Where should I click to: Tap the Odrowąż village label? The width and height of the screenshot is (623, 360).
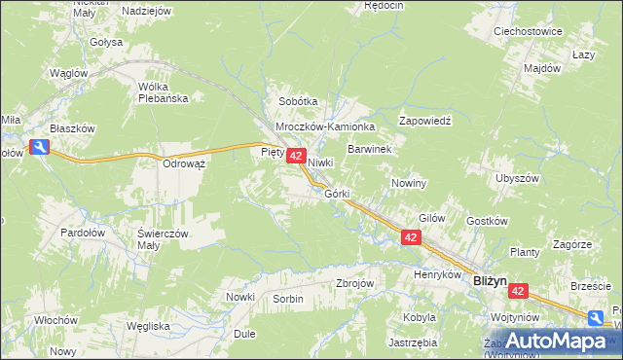point(184,163)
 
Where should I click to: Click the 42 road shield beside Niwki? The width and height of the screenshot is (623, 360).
point(298,156)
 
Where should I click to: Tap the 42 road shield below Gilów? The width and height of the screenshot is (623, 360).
point(411,237)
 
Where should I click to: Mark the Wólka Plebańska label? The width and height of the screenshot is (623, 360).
point(169,91)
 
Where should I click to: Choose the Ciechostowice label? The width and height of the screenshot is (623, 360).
point(529,31)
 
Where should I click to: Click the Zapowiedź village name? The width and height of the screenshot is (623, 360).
point(426,121)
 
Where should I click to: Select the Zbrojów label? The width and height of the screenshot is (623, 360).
point(354,283)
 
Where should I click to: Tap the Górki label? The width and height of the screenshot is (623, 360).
point(337,194)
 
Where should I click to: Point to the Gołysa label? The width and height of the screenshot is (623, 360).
point(106,43)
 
